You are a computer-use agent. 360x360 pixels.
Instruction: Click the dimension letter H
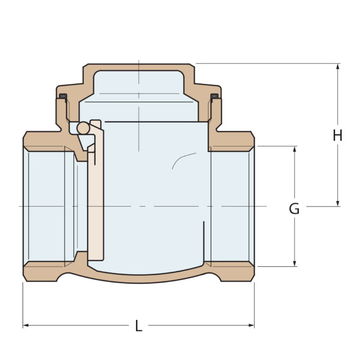(337, 136)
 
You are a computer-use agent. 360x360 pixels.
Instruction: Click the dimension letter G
(294, 209)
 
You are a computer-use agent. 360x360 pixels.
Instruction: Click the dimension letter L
(139, 326)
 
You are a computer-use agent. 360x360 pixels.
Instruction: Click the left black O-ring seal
(63, 96)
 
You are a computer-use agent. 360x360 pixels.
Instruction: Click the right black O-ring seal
(215, 96)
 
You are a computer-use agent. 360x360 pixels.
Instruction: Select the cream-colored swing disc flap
(96, 202)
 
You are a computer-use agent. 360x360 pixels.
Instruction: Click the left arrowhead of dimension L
(26, 325)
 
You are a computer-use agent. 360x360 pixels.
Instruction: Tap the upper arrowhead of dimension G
(294, 149)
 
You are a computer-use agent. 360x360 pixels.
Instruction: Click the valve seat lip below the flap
(81, 257)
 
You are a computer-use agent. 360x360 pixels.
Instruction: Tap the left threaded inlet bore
(47, 207)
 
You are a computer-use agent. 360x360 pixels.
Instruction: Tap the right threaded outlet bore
(232, 207)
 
